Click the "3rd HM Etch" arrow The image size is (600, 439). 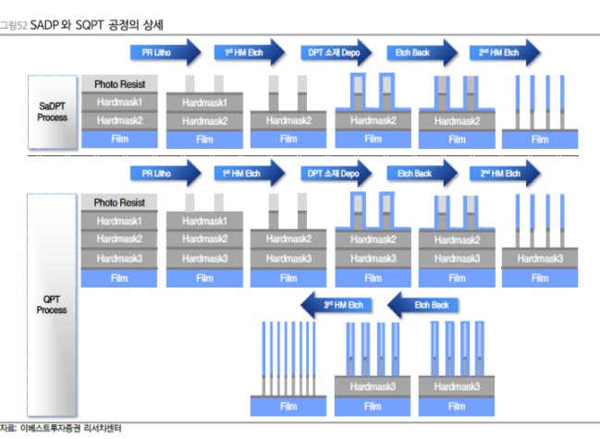click(x=337, y=304)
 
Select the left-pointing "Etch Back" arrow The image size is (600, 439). click(x=422, y=304)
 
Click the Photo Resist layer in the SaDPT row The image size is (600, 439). click(x=119, y=84)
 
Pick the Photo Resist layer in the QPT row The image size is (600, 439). click(x=119, y=202)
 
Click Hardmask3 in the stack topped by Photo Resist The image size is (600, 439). click(x=119, y=258)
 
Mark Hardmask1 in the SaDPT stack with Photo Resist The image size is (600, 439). click(x=119, y=102)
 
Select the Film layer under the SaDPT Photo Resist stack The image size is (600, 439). click(x=119, y=139)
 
